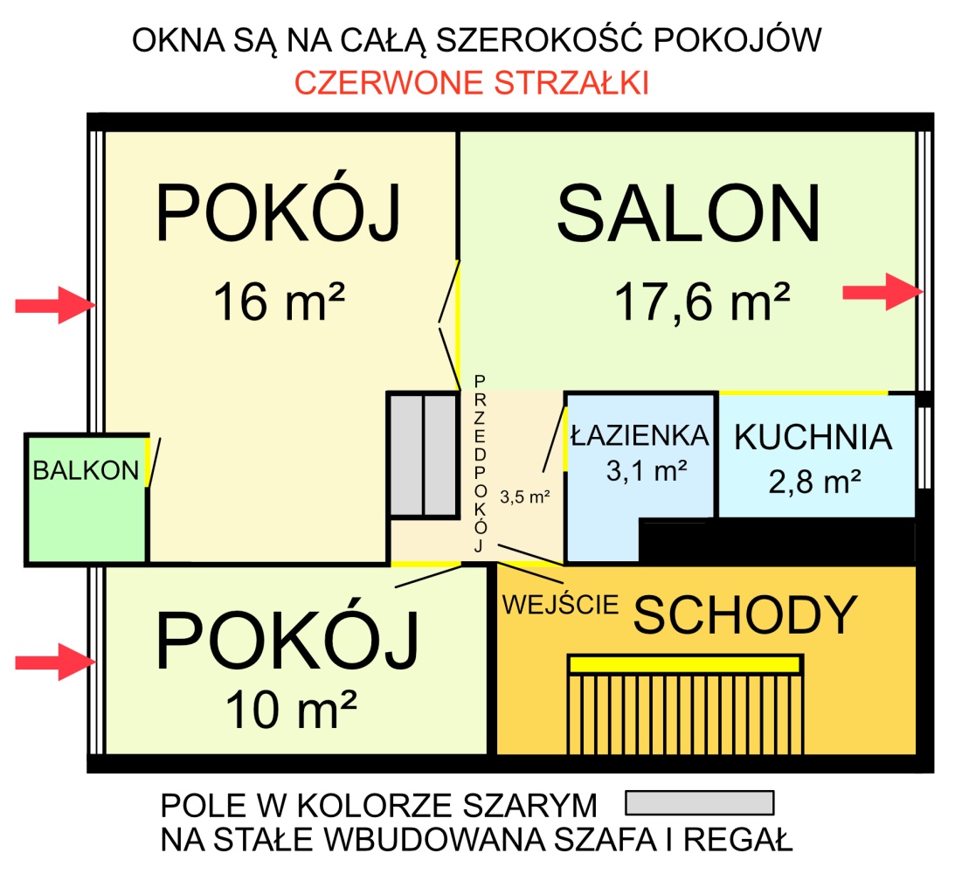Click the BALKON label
pyautogui.click(x=86, y=470)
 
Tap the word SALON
pyautogui.click(x=689, y=214)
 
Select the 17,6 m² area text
pyautogui.click(x=702, y=302)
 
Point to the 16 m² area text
pyautogui.click(x=279, y=301)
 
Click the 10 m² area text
pyautogui.click(x=291, y=709)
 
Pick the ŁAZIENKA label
pyautogui.click(x=640, y=435)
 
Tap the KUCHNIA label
pyautogui.click(x=813, y=437)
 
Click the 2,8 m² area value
pyautogui.click(x=814, y=482)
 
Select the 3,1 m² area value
pyautogui.click(x=647, y=470)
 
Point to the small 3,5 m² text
pyautogui.click(x=525, y=497)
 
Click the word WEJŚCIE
pyautogui.click(x=560, y=604)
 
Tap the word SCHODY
pyautogui.click(x=745, y=615)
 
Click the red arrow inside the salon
pyautogui.click(x=882, y=292)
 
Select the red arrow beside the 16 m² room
pyautogui.click(x=55, y=304)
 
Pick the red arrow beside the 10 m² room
pyautogui.click(x=55, y=662)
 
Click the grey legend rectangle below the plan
pyautogui.click(x=700, y=802)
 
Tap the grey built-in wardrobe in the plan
pyautogui.click(x=423, y=455)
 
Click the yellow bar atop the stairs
pyautogui.click(x=685, y=664)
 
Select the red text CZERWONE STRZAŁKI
pyautogui.click(x=472, y=83)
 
